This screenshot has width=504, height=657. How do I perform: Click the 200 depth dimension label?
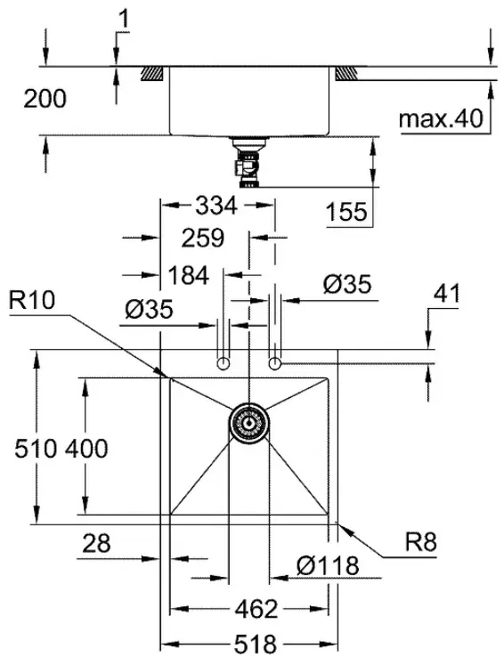pos(45,99)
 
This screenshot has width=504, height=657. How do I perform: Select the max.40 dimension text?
pos(441,118)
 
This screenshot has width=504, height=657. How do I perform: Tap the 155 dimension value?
pos(346,212)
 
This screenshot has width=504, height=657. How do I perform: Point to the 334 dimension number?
pos(216,206)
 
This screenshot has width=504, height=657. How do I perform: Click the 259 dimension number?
pos(203,238)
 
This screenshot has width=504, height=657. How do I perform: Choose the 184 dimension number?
pos(188,276)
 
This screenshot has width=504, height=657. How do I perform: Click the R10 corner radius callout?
pos(32,300)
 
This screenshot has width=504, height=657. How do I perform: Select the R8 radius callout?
pos(420,542)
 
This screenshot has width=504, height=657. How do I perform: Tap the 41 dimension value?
pos(447,294)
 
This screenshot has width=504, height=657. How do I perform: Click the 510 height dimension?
pos(36,449)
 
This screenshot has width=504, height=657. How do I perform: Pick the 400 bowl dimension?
pos(86,449)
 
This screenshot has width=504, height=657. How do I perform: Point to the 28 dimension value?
pos(96,543)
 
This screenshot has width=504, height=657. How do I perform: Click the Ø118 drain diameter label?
pos(328,566)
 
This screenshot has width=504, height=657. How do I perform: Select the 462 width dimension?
pos(256,609)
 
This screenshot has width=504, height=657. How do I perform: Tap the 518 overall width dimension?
pos(256,643)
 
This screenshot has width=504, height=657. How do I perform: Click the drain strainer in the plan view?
pos(249,424)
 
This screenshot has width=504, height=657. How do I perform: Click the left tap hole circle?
pos(224,363)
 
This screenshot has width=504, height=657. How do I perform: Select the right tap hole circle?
pos(274,363)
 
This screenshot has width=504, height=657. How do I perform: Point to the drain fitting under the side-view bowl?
pos(248,161)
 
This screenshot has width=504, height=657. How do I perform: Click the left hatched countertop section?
pos(152,74)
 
